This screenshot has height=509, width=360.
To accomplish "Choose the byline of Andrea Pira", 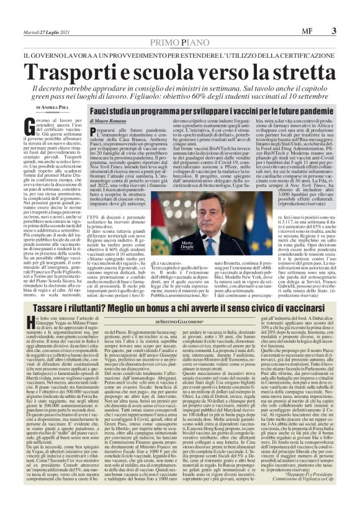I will pos(54,106).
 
